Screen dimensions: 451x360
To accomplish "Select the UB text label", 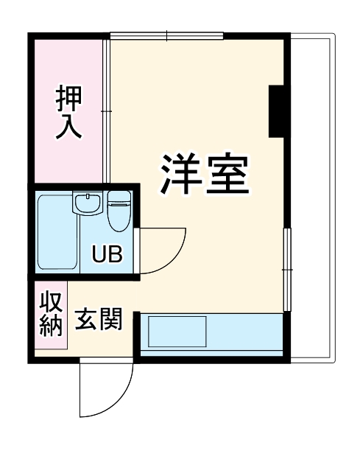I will coord(107,255).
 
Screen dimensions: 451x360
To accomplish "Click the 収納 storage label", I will coord(50,314).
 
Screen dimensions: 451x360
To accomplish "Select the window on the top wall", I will coord(166,35).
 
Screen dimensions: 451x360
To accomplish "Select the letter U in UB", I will coord(99,255).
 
